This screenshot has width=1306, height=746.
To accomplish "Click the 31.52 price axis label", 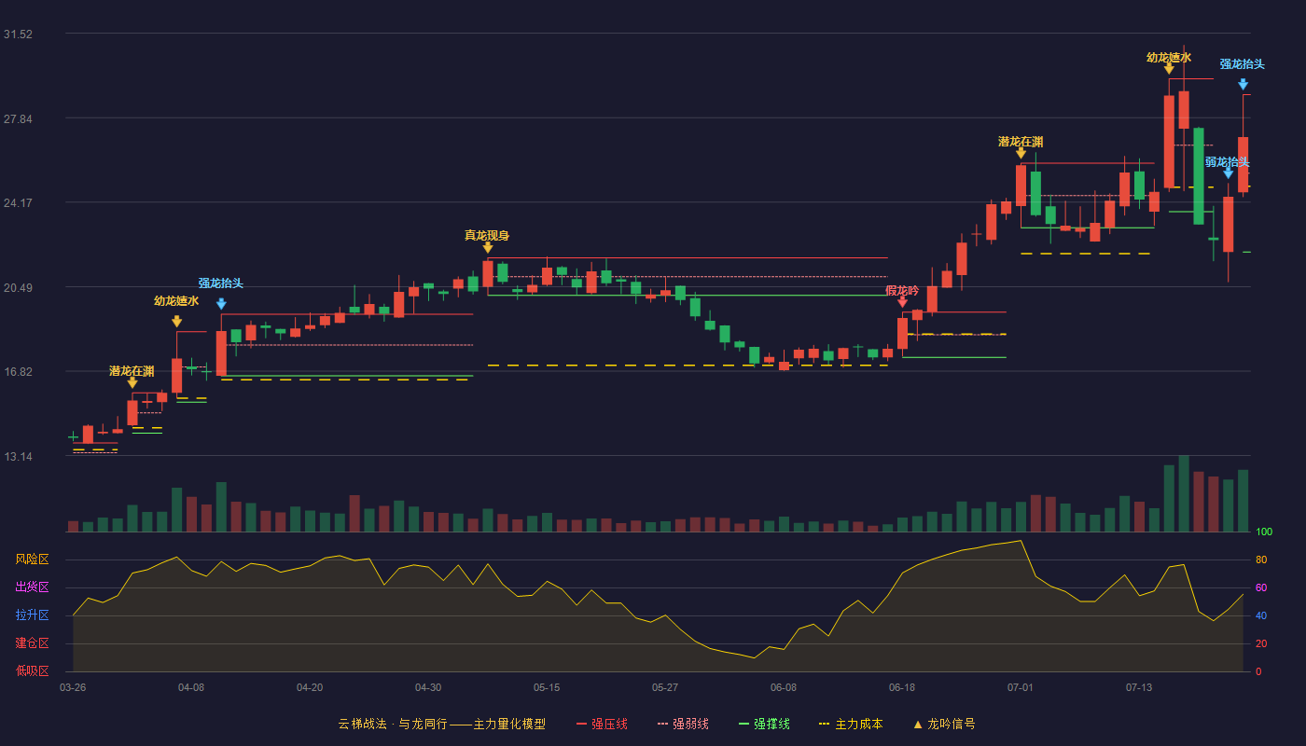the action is click(x=18, y=35).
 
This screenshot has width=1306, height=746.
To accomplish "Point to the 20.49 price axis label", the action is click(x=18, y=288).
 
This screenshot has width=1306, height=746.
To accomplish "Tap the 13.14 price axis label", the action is click(x=18, y=457).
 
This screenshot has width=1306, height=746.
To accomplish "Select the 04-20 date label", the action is click(x=310, y=688).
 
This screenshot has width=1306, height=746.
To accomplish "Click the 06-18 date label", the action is click(x=902, y=688).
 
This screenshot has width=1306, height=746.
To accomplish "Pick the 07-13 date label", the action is click(x=1139, y=688).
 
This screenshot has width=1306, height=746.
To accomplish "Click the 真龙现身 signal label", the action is click(x=487, y=235).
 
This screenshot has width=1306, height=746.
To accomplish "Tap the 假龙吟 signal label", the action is click(x=902, y=291).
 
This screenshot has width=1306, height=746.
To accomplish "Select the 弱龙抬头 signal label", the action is click(x=1228, y=162).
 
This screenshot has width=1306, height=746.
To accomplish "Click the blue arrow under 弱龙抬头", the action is click(x=1229, y=173).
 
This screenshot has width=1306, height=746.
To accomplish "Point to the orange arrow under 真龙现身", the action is click(x=488, y=248).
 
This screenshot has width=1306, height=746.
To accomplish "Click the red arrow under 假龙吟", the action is click(x=903, y=302).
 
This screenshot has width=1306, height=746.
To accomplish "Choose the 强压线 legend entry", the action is click(x=602, y=724).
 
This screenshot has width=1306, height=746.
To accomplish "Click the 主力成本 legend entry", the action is click(x=851, y=724).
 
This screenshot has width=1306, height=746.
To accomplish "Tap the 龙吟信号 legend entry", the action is click(x=944, y=724).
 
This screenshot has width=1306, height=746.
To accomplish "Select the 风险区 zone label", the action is click(x=32, y=559).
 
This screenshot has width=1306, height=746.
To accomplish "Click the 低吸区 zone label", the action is click(x=32, y=671).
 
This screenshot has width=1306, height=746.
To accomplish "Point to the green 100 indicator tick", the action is click(x=1264, y=532).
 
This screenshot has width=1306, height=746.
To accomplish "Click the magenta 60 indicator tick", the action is click(x=1261, y=587).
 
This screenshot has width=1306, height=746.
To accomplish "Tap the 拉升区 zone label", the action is click(x=32, y=615).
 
